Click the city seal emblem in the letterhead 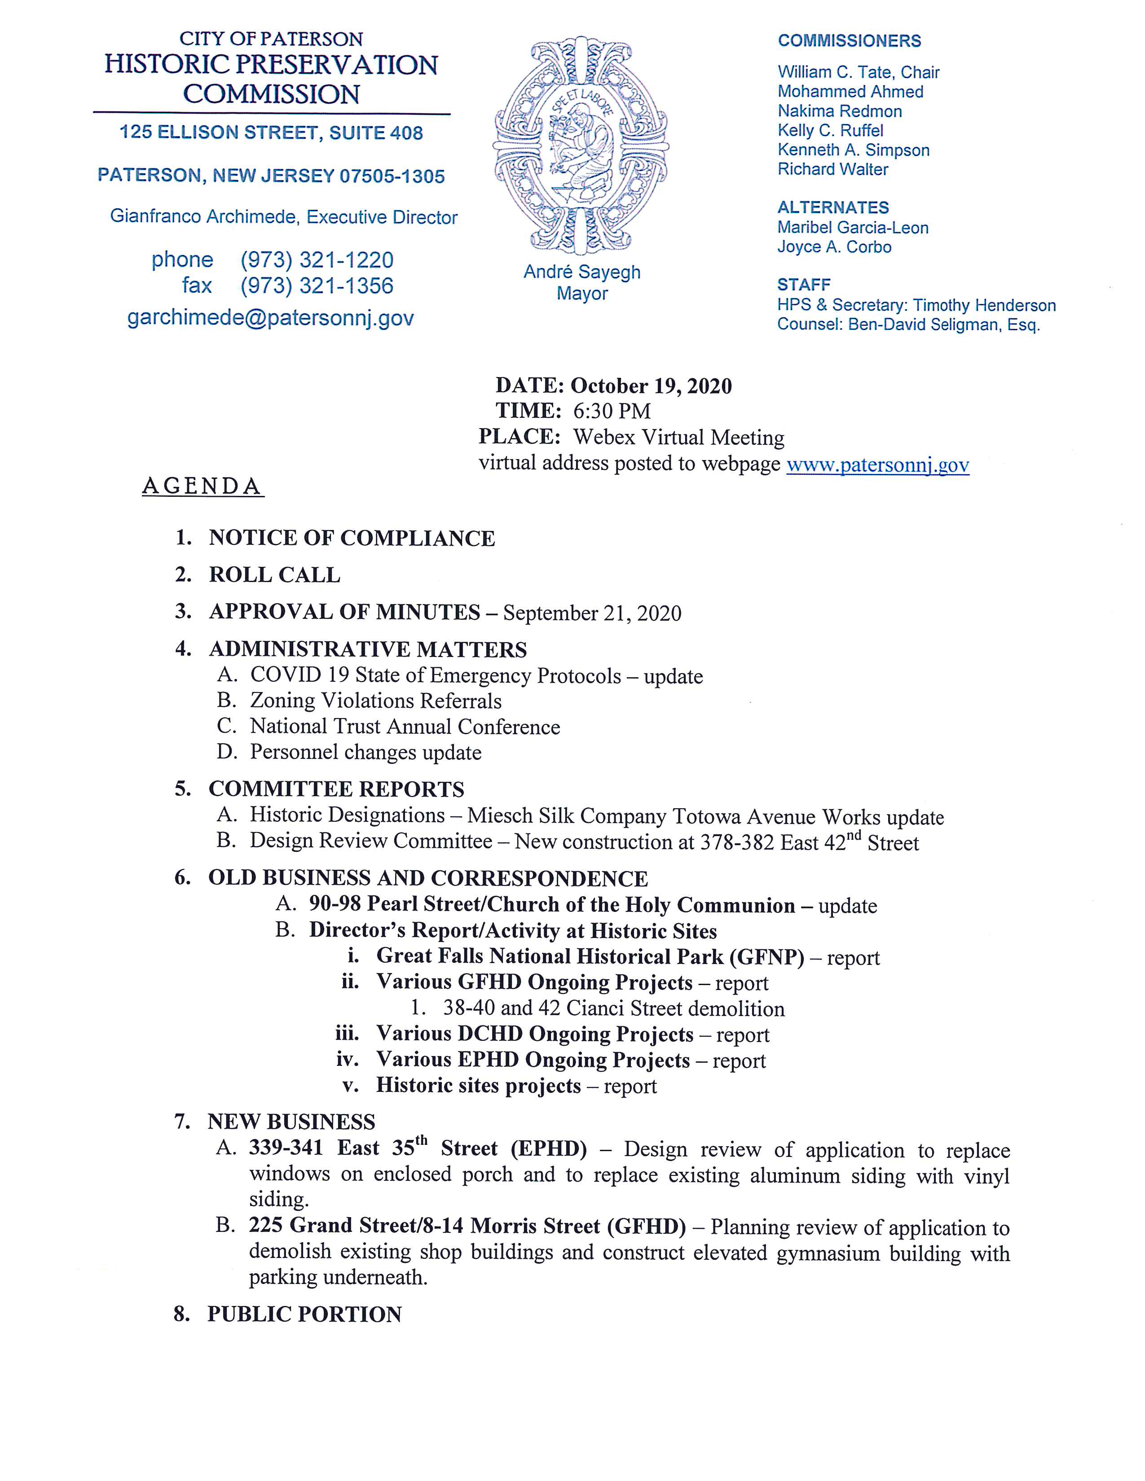(x=581, y=146)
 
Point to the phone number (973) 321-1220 (x=317, y=260)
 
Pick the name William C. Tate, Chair (x=858, y=73)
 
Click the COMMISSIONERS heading (x=849, y=41)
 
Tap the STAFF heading (x=803, y=285)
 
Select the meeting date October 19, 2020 (x=651, y=386)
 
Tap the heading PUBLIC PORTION (x=304, y=1314)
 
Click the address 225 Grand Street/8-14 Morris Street (x=467, y=1226)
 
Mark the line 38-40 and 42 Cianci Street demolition (x=613, y=1008)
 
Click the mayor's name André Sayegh (x=581, y=272)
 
